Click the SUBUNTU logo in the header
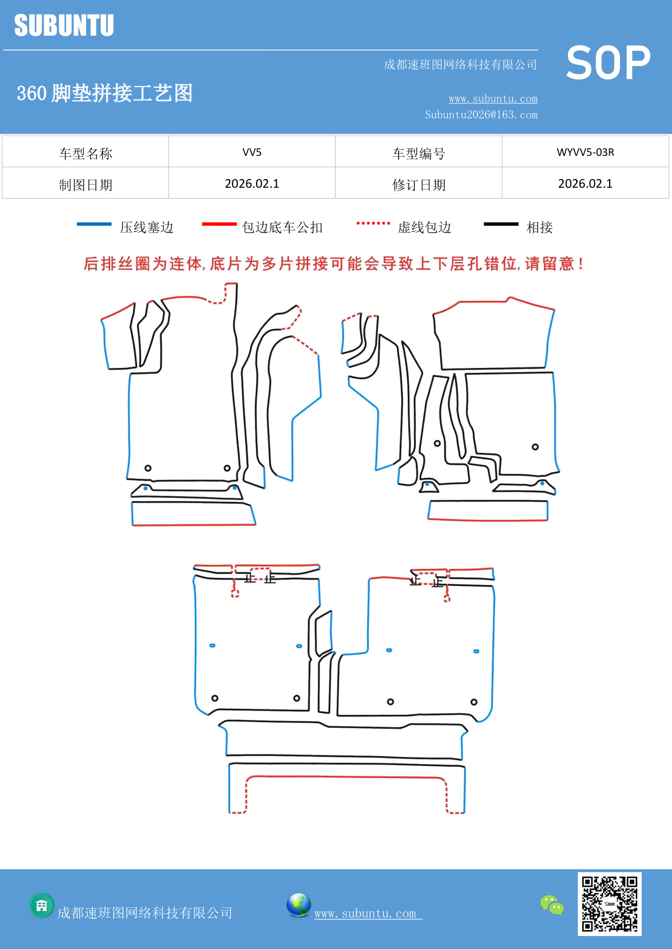coord(64,25)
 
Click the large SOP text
coord(608,63)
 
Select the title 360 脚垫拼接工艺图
coord(105,94)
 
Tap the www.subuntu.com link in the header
coord(493,99)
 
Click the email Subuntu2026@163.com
coord(481,115)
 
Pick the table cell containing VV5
coord(252,152)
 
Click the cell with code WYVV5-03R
coord(585,152)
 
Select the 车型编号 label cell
coord(419,154)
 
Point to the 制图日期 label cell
coord(86,185)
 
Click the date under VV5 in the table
coord(252,184)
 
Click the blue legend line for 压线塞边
coord(94,224)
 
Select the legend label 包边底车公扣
coord(282,228)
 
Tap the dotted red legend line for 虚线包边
coord(373,223)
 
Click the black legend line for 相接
coord(501,224)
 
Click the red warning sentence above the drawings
coord(334,264)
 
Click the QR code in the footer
coord(609,904)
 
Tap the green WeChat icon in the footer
coord(552,905)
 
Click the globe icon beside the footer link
coord(298,905)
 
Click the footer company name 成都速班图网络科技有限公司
coord(145,913)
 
